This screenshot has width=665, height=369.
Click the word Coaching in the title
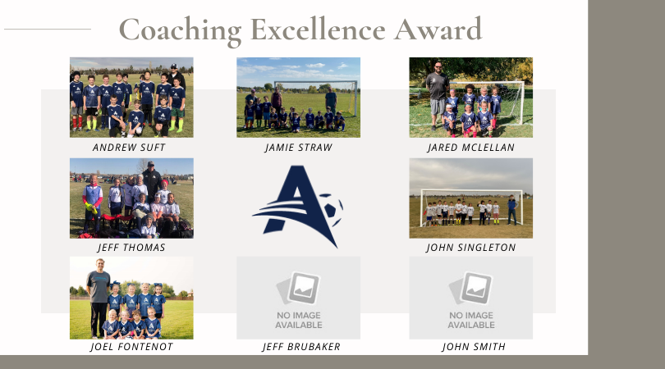(x=181, y=30)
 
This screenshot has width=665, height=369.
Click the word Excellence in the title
(x=318, y=30)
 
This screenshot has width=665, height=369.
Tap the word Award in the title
(x=438, y=30)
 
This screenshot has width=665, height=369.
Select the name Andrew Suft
(x=129, y=148)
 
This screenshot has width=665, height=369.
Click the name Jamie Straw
(x=299, y=148)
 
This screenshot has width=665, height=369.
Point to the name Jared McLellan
(x=470, y=148)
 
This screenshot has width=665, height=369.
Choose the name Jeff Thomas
(x=131, y=248)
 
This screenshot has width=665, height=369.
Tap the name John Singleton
(x=470, y=248)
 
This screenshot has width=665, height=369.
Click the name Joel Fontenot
(x=131, y=347)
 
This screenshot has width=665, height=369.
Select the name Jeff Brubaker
(x=301, y=347)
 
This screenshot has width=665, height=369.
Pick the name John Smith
(x=474, y=347)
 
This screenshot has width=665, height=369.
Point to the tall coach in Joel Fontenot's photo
(x=99, y=298)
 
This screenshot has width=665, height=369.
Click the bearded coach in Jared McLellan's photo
(x=437, y=95)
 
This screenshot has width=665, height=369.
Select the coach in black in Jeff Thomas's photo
(x=151, y=181)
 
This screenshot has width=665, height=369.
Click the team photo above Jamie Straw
(x=299, y=98)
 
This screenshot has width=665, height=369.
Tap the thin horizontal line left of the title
(x=48, y=30)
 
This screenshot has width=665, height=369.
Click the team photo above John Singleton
(x=470, y=198)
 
